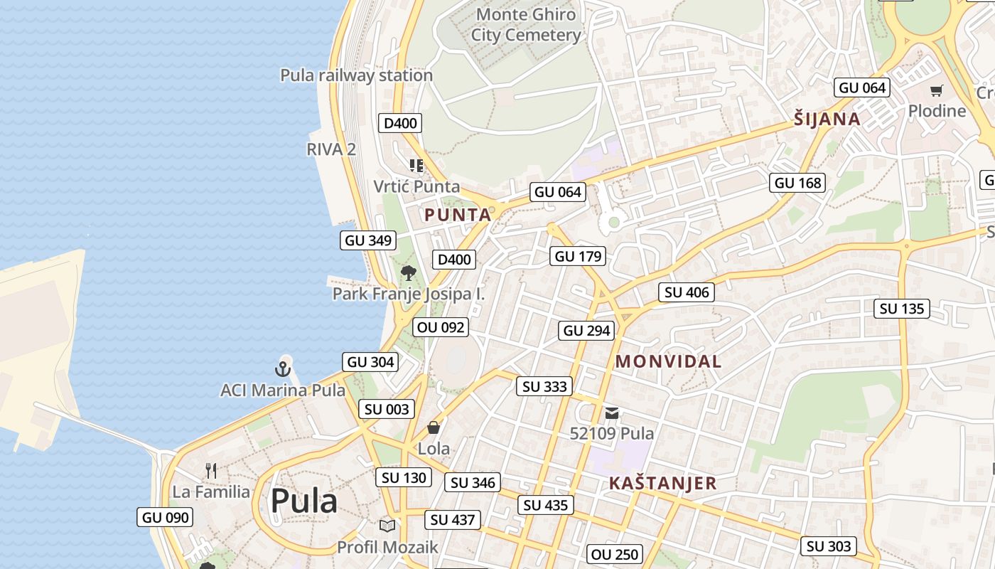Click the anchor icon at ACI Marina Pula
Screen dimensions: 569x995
[283, 369]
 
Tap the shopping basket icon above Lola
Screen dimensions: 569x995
[434, 427]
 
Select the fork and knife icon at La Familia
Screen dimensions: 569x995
[210, 470]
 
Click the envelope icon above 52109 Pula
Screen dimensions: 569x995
[612, 413]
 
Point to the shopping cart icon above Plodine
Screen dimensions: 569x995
[937, 90]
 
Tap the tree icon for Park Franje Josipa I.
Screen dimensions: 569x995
[408, 273]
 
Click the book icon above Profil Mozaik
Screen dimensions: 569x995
[387, 526]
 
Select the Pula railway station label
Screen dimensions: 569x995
[356, 75]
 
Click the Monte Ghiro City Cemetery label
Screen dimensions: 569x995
[526, 25]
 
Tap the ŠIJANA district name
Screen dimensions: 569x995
[827, 119]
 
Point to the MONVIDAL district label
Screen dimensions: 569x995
[668, 361]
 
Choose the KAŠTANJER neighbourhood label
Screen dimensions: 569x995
[662, 484]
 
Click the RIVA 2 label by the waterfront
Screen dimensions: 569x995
[331, 149]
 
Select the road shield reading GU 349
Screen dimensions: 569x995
[368, 240]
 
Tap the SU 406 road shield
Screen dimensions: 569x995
[687, 292]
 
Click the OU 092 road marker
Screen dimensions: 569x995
[441, 327]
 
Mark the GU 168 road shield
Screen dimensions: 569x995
[797, 183]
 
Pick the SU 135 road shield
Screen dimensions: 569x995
[902, 309]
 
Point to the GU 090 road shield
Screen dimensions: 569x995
[166, 518]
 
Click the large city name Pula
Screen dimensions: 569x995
[303, 501]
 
